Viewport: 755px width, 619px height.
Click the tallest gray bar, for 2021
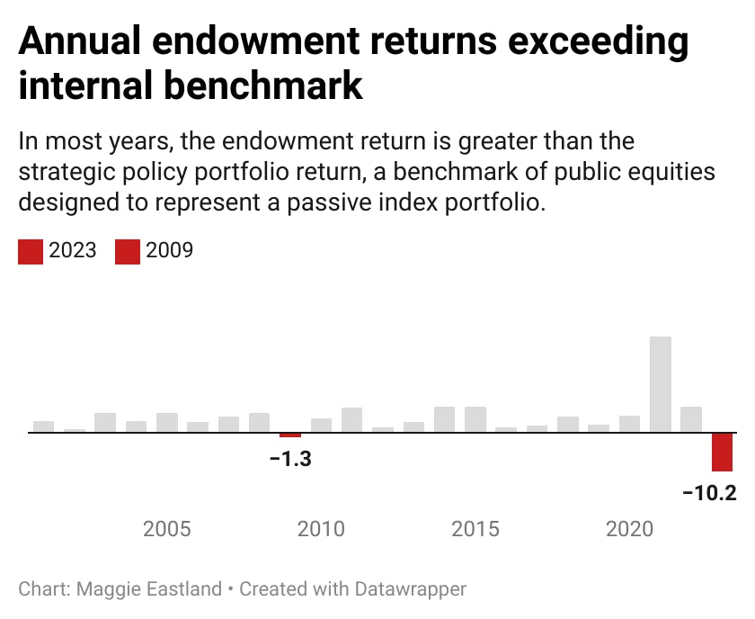coord(661,384)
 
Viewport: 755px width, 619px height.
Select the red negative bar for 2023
coord(722,452)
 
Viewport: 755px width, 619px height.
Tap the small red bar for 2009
coord(290,435)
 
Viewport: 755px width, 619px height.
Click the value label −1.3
coord(290,459)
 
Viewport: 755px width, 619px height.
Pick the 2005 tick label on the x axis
coord(167,528)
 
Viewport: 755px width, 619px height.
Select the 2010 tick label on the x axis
coord(321,528)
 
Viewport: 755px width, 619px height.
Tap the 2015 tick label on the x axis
coord(475,528)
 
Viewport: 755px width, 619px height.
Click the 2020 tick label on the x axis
coord(629,528)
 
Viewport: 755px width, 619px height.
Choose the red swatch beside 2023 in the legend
coord(31,251)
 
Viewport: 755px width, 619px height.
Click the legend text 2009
coord(169,250)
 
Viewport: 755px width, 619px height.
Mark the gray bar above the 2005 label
coord(167,423)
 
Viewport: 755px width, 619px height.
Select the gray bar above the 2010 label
coord(321,426)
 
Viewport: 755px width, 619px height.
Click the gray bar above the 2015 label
coord(475,419)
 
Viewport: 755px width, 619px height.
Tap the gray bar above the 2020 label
coord(629,424)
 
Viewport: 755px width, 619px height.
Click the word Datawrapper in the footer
coord(411,589)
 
